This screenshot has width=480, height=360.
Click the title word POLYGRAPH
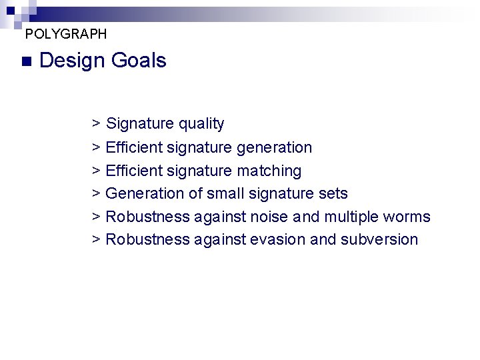click(65, 33)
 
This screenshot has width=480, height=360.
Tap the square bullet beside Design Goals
click(26, 61)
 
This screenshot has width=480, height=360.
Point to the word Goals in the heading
click(139, 61)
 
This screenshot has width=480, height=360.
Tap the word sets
click(333, 193)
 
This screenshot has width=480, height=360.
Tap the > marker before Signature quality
click(97, 123)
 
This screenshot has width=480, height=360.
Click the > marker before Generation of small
click(97, 193)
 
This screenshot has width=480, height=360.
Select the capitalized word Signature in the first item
click(139, 124)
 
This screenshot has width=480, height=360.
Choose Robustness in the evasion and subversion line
click(147, 239)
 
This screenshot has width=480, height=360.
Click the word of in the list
click(193, 193)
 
